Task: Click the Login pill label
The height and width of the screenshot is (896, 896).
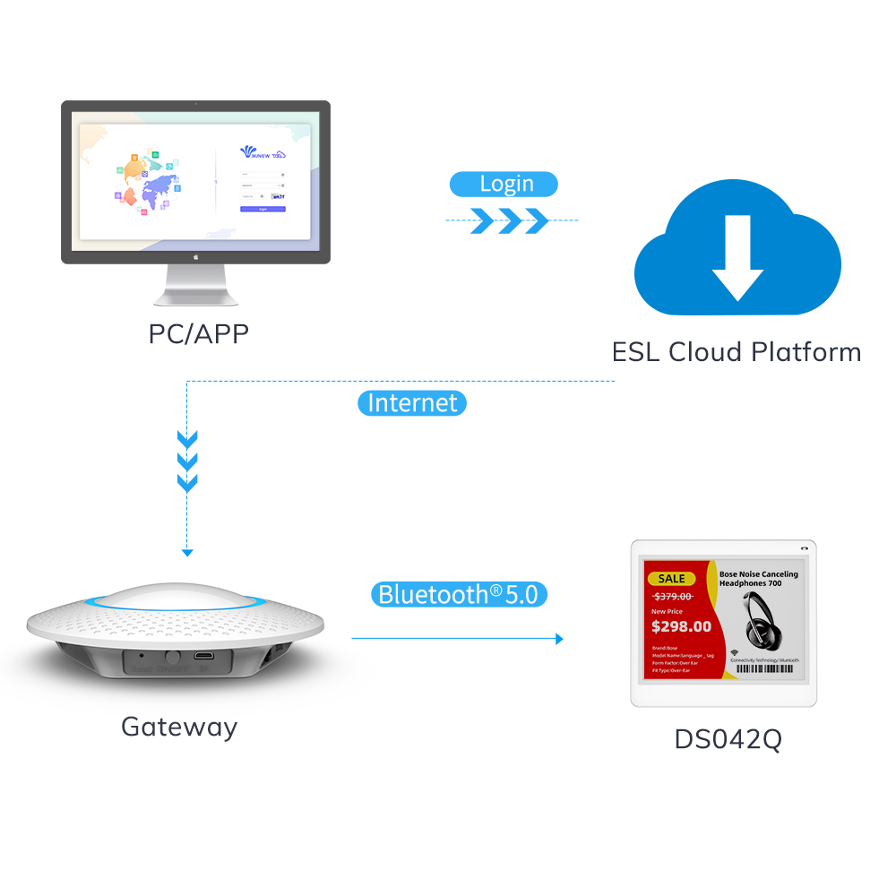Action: tap(504, 185)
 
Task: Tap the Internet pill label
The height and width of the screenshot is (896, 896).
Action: tap(412, 403)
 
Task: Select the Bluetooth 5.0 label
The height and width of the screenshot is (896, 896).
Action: tap(459, 594)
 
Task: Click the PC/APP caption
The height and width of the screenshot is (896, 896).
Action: tap(198, 333)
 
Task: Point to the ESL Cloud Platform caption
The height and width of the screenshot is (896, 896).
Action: tap(737, 351)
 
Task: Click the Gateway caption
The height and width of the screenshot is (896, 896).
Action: tap(179, 726)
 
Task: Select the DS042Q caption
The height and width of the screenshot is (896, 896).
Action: tap(728, 740)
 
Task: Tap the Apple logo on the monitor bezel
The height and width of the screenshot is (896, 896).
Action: tap(195, 255)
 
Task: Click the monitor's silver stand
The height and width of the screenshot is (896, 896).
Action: tap(195, 287)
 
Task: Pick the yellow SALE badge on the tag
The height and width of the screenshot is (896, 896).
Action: tap(672, 578)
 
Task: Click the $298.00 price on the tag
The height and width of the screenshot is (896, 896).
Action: tap(681, 626)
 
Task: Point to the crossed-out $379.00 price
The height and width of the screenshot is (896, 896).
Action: tap(673, 596)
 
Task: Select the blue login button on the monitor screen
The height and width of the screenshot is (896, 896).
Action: tap(263, 209)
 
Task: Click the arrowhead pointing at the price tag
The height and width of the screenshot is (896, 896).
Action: tap(559, 639)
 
